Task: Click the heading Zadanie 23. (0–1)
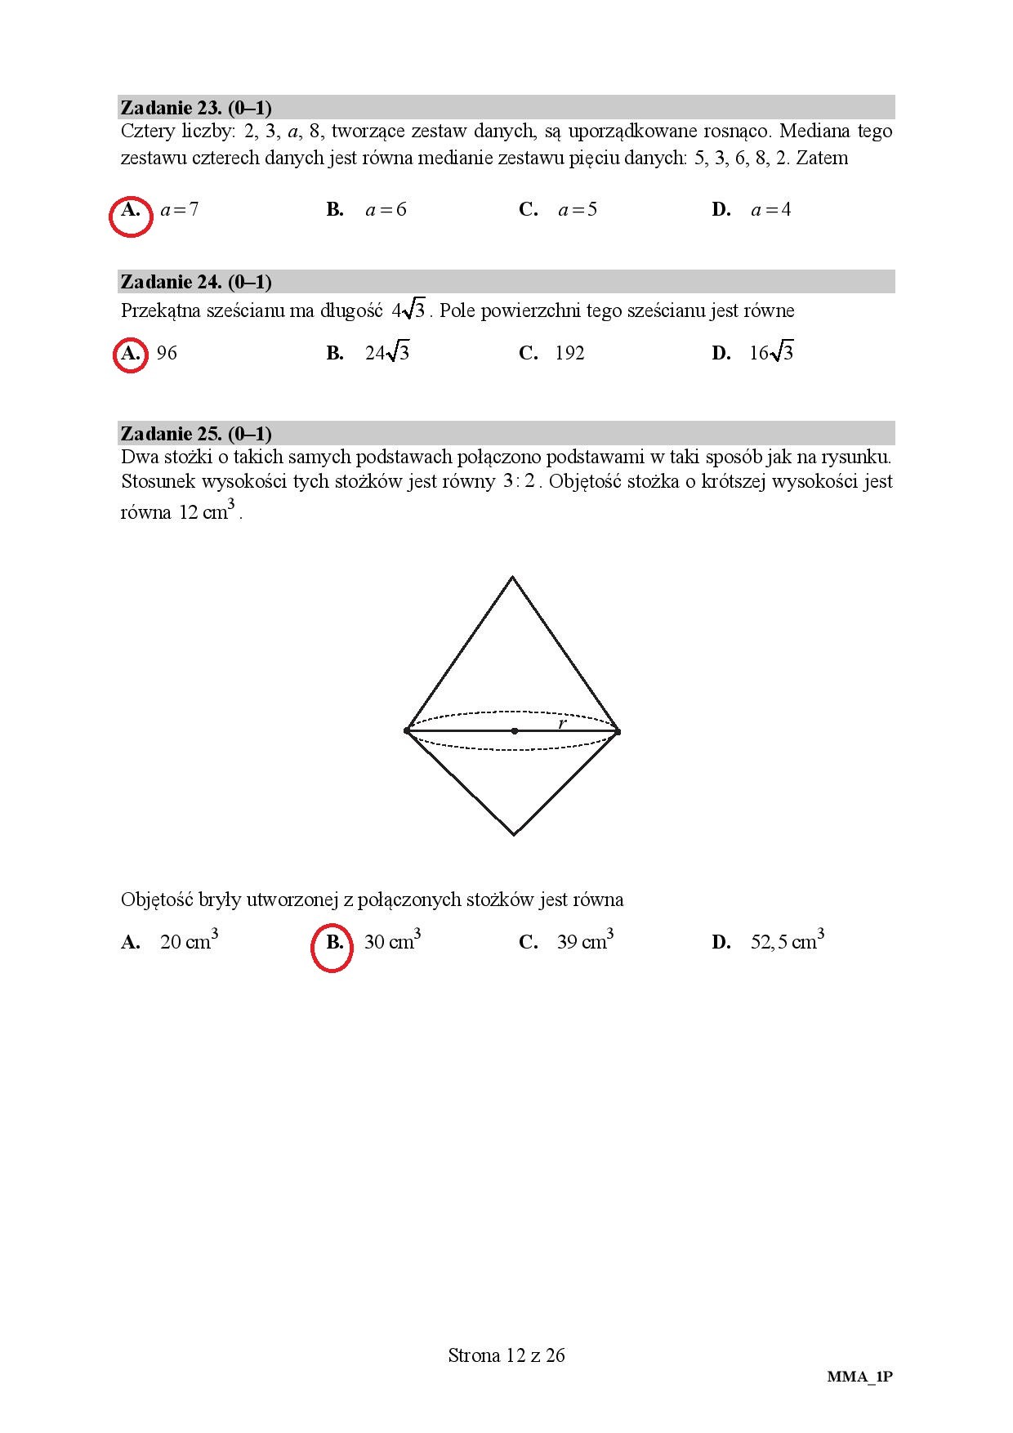196,108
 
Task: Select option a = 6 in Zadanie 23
386,210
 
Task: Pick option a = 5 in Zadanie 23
578,210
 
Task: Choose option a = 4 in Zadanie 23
771,210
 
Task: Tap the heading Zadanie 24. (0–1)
196,282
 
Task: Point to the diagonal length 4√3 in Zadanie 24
408,310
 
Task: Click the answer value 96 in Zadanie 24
167,353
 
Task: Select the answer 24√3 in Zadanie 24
387,353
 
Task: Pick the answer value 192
569,353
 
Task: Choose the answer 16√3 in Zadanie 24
771,353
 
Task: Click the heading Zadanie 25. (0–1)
196,433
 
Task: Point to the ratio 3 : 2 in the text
519,481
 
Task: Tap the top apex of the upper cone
512,578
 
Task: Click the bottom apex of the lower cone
514,834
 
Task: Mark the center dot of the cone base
514,730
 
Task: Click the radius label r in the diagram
562,723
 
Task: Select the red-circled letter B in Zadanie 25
333,948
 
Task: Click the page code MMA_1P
859,1377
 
